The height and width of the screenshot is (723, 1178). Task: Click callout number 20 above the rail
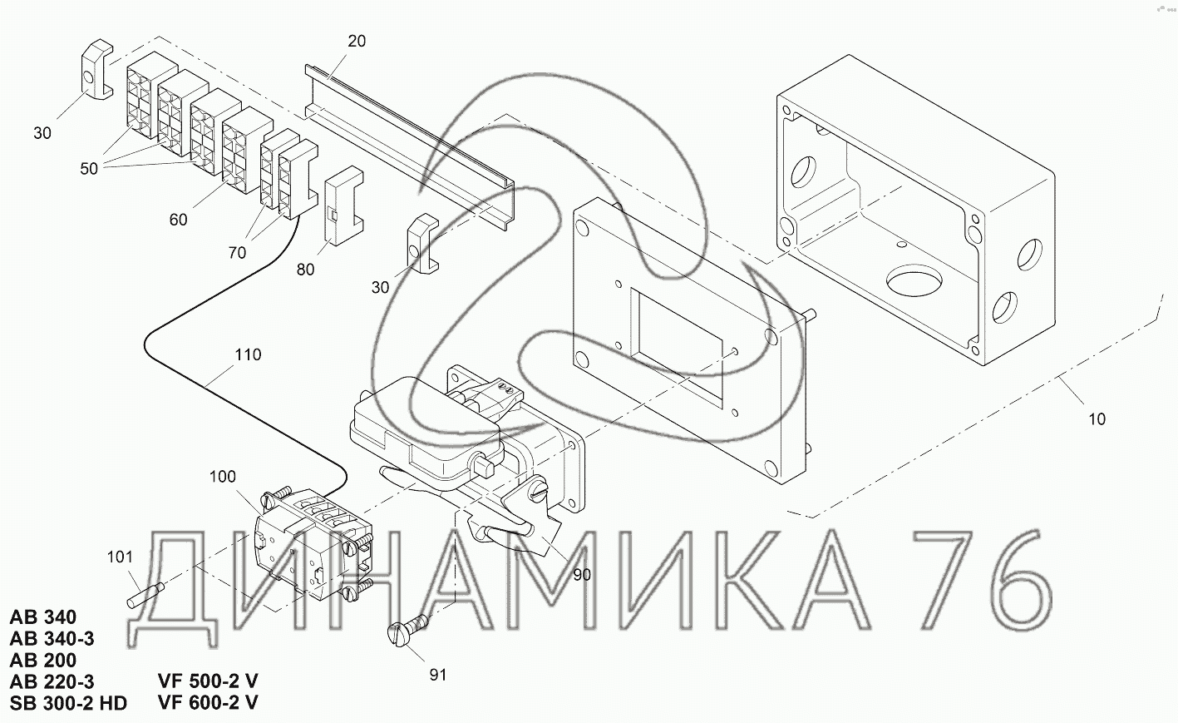(x=357, y=41)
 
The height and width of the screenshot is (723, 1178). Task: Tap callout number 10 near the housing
(x=1097, y=419)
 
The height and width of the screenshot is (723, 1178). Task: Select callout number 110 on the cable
(x=248, y=354)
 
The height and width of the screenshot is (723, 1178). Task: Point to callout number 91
(x=437, y=675)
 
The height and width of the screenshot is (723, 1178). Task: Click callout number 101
(x=120, y=557)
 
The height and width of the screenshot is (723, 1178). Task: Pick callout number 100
(x=223, y=477)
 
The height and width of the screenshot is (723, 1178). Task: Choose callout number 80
(x=305, y=270)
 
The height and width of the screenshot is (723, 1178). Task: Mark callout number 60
(x=178, y=220)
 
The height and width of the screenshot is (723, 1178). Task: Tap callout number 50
(x=89, y=169)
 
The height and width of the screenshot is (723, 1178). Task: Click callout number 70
(x=237, y=253)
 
